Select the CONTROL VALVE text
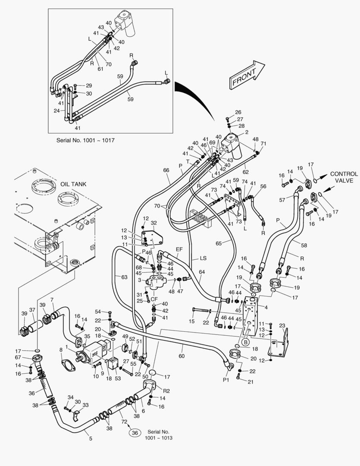coord(344,177)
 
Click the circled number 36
coord(135,433)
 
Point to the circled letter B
coord(246,342)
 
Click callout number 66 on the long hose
coord(166,170)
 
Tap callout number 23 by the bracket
coord(282,326)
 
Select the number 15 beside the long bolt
coord(192,321)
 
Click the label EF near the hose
coord(179,249)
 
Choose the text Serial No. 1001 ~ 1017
coord(85,141)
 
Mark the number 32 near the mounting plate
coord(153,223)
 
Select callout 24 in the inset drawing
coord(56,110)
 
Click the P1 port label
coord(225,379)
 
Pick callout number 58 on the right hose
coord(304,245)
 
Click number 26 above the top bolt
coord(238,113)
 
